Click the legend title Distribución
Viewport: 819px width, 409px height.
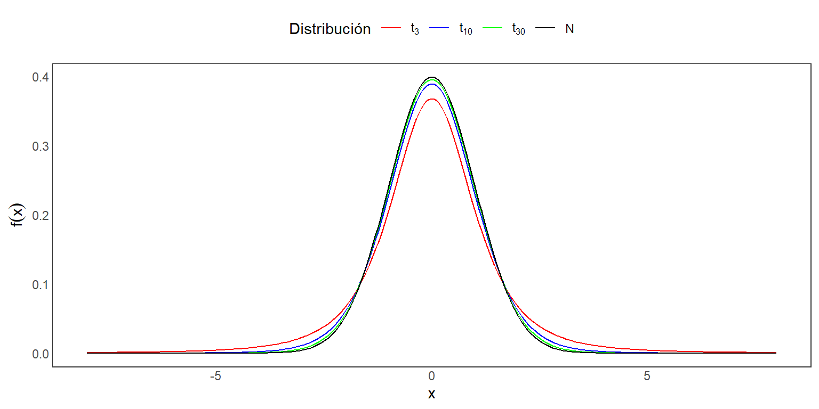[330, 29]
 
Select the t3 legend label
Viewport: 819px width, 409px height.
[415, 30]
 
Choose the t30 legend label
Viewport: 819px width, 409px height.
[518, 30]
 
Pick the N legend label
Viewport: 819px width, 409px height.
[569, 29]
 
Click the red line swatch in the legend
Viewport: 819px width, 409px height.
[391, 29]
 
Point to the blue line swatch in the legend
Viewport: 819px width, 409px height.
[440, 29]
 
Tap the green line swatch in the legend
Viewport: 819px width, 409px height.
[493, 29]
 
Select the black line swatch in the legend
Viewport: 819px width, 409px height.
[545, 29]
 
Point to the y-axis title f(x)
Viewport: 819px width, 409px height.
[18, 215]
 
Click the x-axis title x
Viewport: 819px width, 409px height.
[431, 395]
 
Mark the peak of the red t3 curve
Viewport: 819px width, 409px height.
[431, 99]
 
